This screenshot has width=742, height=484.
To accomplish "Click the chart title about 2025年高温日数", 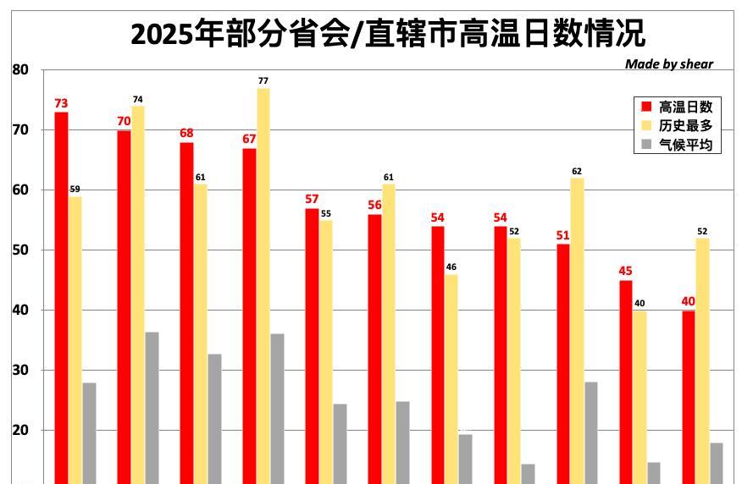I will (x=387, y=34).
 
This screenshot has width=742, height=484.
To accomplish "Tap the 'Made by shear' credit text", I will (x=668, y=64).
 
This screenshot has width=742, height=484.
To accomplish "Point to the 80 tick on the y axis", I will (x=20, y=70).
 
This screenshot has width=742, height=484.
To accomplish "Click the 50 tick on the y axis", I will (x=20, y=250).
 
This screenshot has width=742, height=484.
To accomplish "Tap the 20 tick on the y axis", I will (x=20, y=431).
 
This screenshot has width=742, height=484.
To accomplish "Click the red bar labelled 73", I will (x=61, y=296).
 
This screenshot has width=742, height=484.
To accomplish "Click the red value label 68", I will (x=186, y=134).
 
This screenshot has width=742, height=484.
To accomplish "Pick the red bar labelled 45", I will (x=625, y=381).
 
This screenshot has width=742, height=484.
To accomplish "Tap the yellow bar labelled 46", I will (x=451, y=377).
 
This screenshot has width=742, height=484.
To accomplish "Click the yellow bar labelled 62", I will (x=577, y=330).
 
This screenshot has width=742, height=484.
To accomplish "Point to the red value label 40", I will (x=688, y=301).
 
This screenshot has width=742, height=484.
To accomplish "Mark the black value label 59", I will (x=75, y=190).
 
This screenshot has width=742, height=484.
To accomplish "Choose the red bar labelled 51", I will (x=563, y=364).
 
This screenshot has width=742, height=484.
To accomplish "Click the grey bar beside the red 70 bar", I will (x=152, y=407).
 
